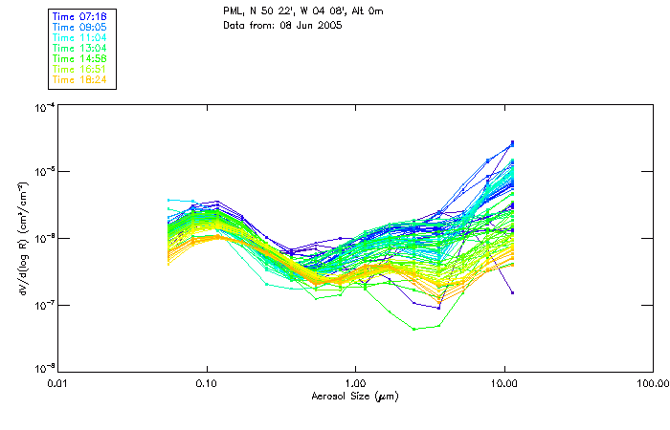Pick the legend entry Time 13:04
[81, 49]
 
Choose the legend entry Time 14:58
[81, 59]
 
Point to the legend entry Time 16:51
[81, 69]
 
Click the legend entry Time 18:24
[81, 79]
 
